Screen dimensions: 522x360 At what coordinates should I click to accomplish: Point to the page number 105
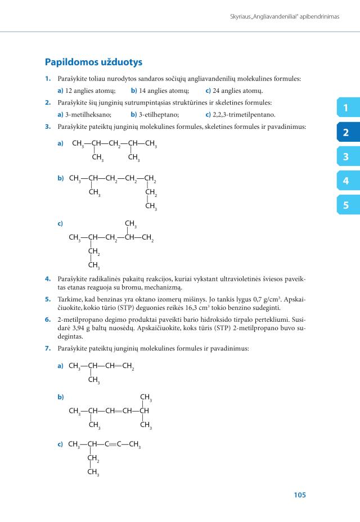pos(299,495)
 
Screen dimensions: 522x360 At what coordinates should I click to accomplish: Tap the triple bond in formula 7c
pos(114,444)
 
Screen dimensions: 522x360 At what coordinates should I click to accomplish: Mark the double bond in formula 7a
pos(118,366)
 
